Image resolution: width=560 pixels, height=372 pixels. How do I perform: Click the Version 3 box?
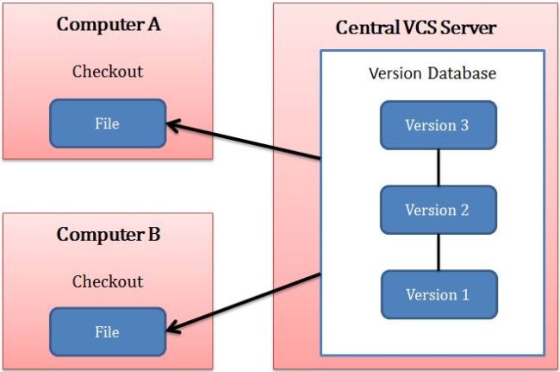coord(438,126)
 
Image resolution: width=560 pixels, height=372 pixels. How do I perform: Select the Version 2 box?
coord(438,210)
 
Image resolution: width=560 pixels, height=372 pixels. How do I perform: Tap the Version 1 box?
coord(438,295)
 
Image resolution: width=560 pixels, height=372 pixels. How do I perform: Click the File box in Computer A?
coord(107,123)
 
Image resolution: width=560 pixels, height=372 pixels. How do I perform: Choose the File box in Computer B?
coord(107,332)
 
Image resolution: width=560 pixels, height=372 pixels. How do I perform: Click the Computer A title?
coord(108,24)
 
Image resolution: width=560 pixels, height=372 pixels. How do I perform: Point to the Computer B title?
coord(108,234)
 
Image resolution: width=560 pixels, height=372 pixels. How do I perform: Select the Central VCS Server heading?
coord(415,28)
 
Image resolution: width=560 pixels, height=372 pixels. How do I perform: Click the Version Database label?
coord(432,73)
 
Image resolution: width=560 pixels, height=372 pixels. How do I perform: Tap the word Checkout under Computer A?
coord(108,71)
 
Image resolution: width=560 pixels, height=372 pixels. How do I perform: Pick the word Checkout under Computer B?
coord(108,281)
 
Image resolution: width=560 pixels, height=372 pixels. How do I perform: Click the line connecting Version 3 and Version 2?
coord(438,167)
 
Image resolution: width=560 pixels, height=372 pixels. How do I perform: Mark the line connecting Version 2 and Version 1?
coord(438,252)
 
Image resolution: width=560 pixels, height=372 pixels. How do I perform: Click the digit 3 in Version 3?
coord(464,126)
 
